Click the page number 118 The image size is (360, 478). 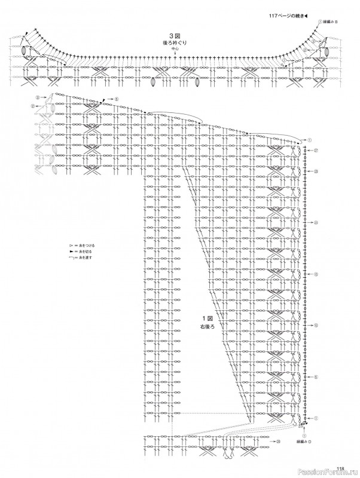340,468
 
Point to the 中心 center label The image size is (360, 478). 174,50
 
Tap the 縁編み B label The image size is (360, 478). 331,22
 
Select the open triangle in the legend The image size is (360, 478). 71,246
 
